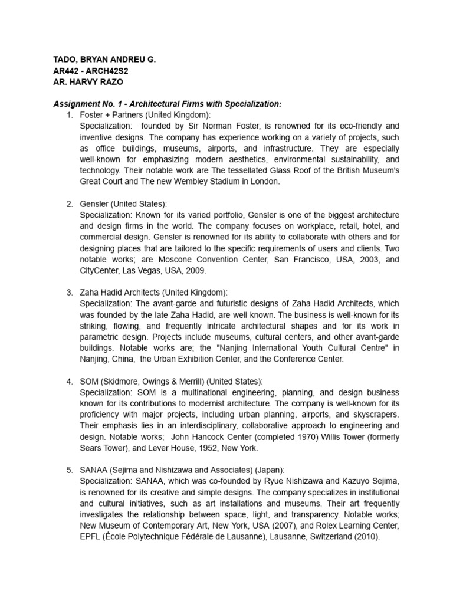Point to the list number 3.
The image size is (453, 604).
[x=70, y=293]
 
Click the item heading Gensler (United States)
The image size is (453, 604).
[x=123, y=203]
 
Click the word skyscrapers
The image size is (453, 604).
[x=376, y=415]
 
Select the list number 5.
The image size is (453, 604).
[x=70, y=470]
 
